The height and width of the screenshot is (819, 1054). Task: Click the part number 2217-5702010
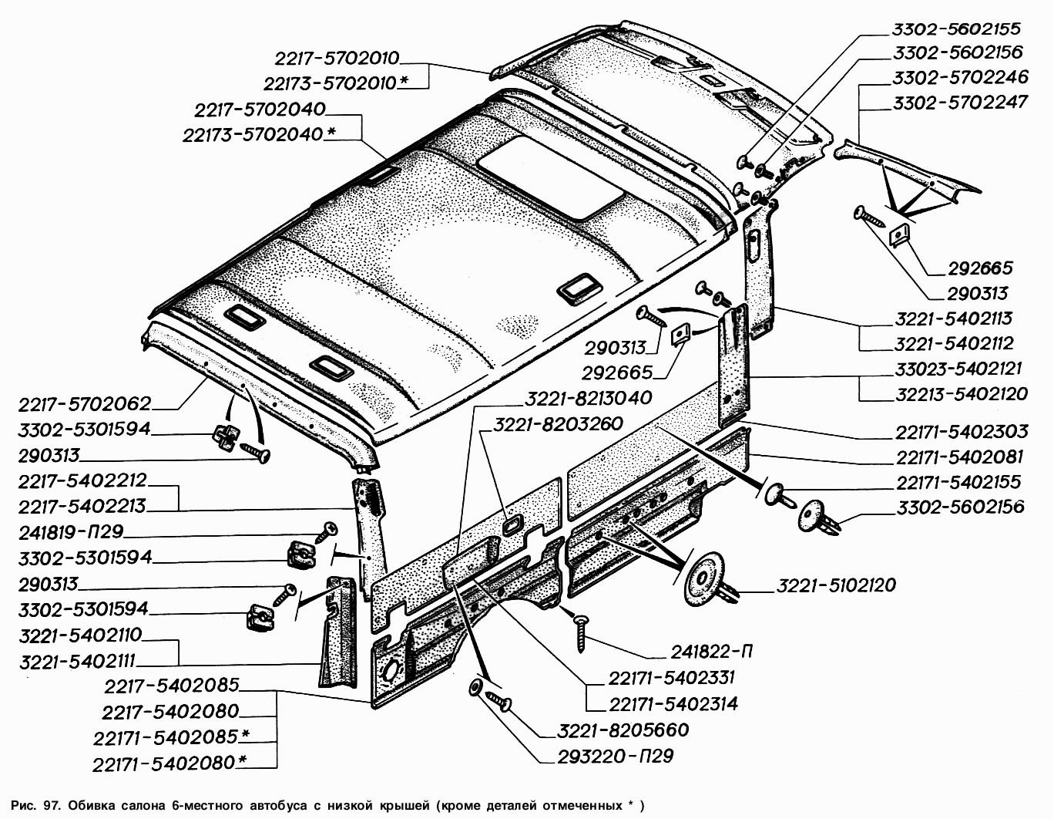[x=337, y=59]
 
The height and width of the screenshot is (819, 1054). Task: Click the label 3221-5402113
[x=953, y=319]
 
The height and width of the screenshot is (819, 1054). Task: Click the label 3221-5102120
[x=836, y=586]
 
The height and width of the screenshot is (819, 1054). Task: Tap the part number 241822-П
[x=711, y=652]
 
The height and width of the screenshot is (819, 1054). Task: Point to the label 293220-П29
[x=616, y=757]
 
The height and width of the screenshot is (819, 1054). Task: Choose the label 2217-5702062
[x=85, y=404]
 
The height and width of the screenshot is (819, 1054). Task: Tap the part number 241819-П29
[x=71, y=532]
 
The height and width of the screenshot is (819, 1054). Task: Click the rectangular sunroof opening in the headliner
[x=549, y=181]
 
